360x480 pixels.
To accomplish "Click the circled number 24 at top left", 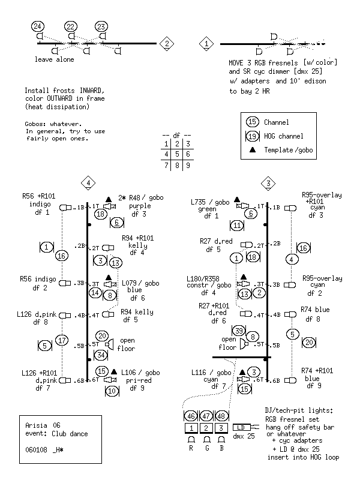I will pyautogui.click(x=38, y=26).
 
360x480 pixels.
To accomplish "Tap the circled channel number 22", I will pyautogui.click(x=71, y=26).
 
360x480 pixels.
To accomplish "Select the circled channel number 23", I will pyautogui.click(x=101, y=26).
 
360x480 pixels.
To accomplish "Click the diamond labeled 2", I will pyautogui.click(x=167, y=43).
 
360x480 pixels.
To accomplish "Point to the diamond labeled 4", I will pyautogui.click(x=89, y=182).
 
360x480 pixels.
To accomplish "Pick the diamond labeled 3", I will pyautogui.click(x=268, y=182).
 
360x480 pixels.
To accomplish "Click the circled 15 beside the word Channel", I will pyautogui.click(x=253, y=122).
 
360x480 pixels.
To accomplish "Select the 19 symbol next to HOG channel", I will pyautogui.click(x=253, y=136).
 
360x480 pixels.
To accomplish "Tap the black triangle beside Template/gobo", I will pyautogui.click(x=253, y=149).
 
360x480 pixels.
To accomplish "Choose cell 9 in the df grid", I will pyautogui.click(x=187, y=164).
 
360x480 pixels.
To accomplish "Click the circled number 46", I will pyautogui.click(x=190, y=415).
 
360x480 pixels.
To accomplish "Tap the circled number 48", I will pyautogui.click(x=222, y=415).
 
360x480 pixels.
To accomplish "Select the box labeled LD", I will pyautogui.click(x=244, y=428).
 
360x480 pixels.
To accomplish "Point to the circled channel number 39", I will pyautogui.click(x=239, y=331).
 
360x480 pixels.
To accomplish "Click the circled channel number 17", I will pyautogui.click(x=61, y=340).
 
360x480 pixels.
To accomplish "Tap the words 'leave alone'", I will pyautogui.click(x=55, y=60).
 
